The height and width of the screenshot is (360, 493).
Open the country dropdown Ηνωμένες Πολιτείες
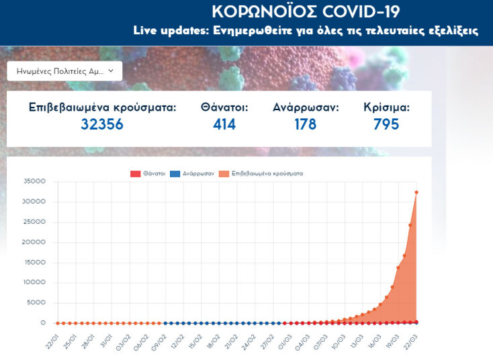coord(64,71)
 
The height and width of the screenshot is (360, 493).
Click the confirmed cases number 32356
coord(102,124)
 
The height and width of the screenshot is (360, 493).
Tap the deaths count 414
coord(224,124)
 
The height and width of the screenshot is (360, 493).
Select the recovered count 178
coord(305,124)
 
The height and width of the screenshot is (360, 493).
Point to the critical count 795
coord(386,124)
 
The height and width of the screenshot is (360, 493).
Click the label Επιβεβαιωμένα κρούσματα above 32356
coord(102,107)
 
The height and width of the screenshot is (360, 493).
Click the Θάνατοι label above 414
coord(224,107)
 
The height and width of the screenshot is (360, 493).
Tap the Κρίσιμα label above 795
coord(386,107)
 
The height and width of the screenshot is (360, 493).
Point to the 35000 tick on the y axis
coord(34,181)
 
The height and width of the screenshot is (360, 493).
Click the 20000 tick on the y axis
coord(34,242)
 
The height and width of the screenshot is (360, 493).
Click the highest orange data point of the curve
coord(416,192)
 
